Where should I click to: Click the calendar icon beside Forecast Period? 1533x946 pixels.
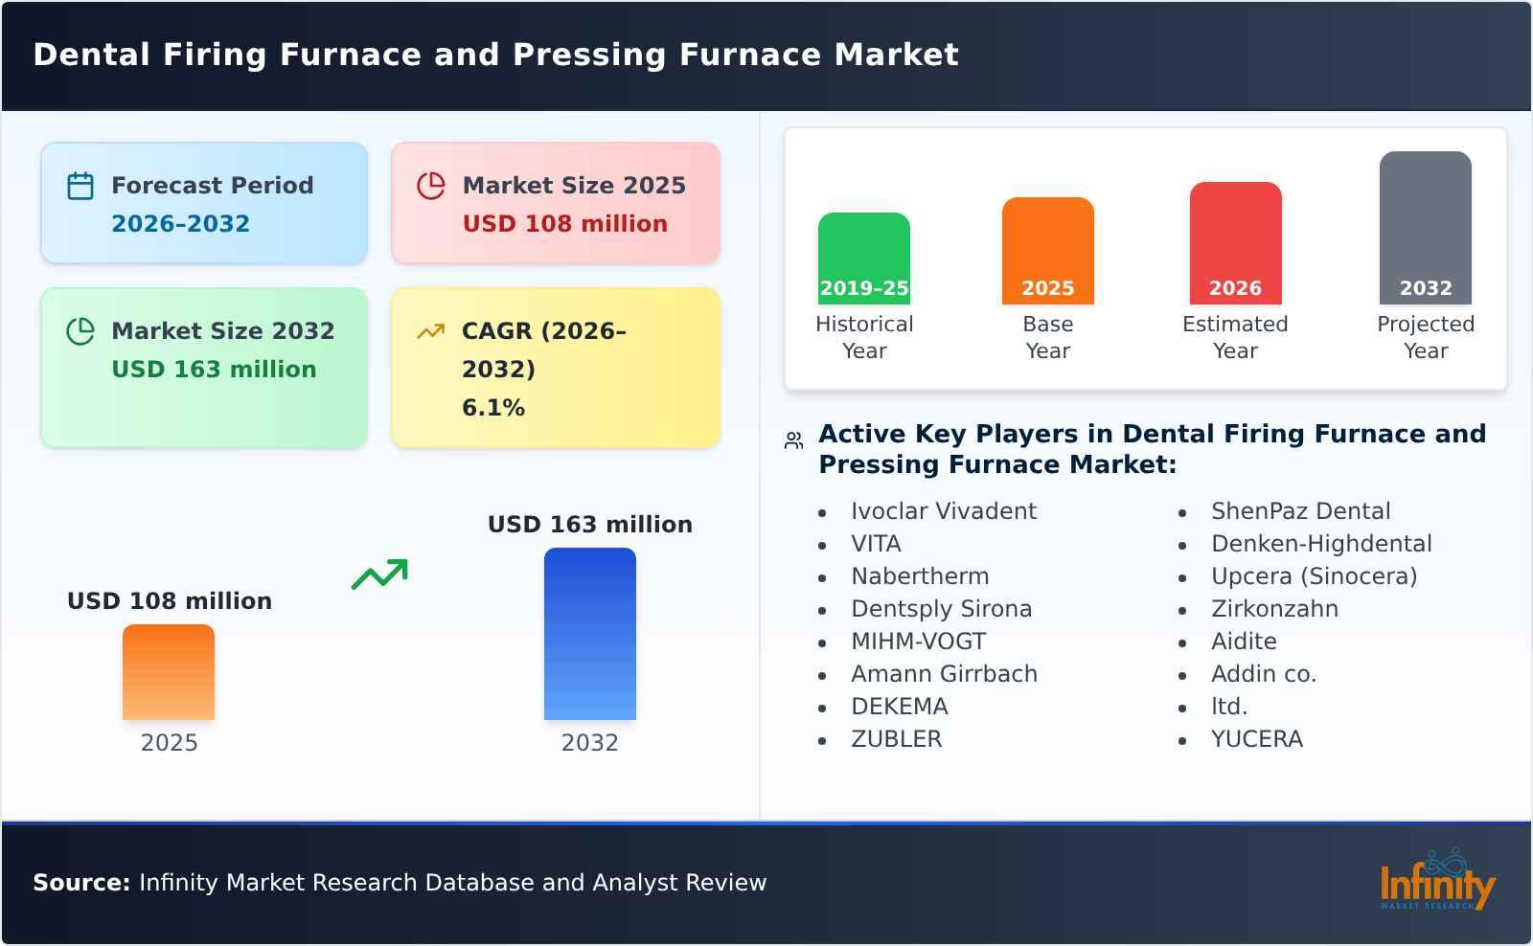80,186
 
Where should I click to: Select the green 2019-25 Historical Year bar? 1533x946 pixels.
863,259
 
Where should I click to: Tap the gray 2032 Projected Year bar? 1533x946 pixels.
1425,228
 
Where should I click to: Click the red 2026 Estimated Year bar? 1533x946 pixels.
1235,243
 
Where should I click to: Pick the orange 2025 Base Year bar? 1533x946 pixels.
1047,251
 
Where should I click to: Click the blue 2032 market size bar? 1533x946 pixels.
589,634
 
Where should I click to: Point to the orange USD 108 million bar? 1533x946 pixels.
169,672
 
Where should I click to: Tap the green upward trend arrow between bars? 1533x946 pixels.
379,574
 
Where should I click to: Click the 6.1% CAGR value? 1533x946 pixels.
492,408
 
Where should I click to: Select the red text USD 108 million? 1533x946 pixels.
564,224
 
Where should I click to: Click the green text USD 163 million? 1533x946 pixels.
214,370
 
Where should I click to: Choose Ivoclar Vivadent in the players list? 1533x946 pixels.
943,511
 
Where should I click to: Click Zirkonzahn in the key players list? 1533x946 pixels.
1274,609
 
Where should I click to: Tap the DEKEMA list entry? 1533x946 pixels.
899,707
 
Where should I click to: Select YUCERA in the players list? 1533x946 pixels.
1256,739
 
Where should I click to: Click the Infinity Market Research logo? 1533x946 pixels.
1436,881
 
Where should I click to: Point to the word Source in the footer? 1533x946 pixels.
80,883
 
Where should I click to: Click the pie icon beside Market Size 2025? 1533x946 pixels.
431,186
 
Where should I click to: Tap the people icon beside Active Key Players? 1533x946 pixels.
793,440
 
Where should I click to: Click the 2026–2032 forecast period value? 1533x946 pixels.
180,224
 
